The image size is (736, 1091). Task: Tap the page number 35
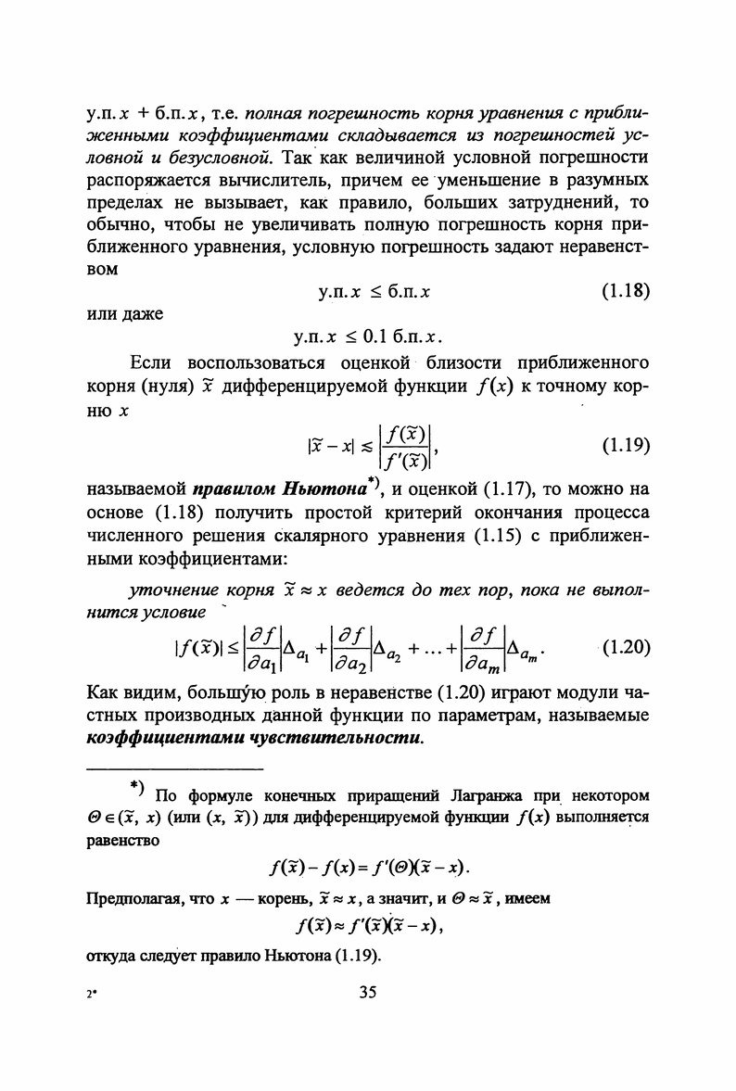[367, 993]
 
